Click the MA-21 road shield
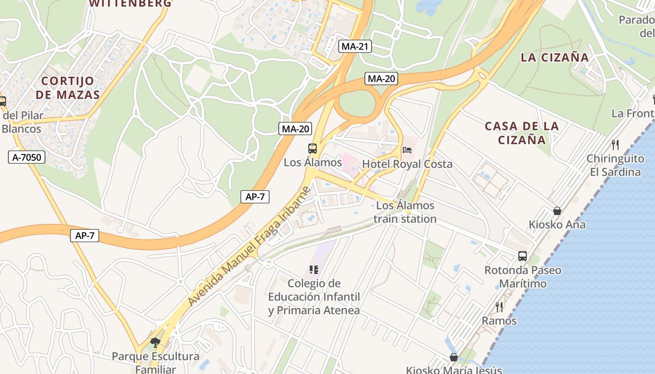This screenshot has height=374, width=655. pos(355,46)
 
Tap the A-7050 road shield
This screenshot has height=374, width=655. pos(27,157)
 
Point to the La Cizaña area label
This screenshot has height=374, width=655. pos(555,58)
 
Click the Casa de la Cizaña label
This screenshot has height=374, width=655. pos(522,133)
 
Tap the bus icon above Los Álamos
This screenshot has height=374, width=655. pos(313,149)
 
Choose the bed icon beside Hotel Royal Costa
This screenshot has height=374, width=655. pos(407,150)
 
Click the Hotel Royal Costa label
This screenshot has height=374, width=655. pos(407,164)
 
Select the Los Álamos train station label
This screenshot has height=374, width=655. pos(405,212)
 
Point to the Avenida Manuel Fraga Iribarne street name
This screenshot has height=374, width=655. pos(249,246)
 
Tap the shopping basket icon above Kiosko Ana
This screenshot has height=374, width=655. pos(557,211)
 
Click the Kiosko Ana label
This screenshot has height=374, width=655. pos(557,224)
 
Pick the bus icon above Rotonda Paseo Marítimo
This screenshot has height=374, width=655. pos(523,256)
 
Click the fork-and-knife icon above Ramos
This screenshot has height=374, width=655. pos(499,307)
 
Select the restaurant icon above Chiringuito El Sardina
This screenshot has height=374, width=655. pos(615,145)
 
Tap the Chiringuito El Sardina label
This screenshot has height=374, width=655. pos(615,165)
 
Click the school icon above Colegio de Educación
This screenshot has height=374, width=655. pos(313,270)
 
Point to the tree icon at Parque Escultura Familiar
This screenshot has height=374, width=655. pos(155,343)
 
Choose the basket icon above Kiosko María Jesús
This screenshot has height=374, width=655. pos(453,357)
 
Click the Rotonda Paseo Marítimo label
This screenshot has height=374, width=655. pos(523,277)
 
